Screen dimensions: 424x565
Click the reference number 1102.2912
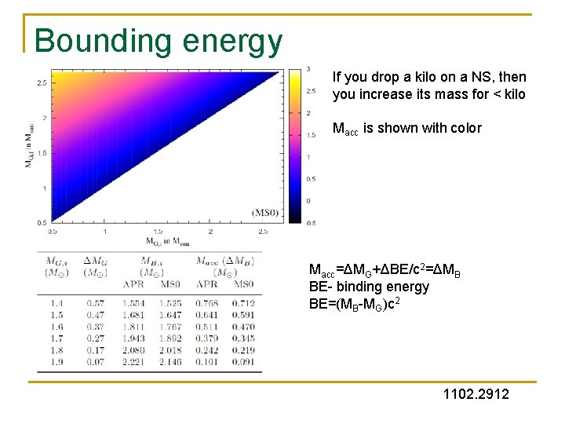[476, 393]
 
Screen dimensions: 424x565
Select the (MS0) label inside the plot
[263, 212]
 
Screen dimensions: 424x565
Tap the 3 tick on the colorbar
[308, 70]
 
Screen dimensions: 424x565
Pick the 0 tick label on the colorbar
[308, 201]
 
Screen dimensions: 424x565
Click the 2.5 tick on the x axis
[263, 232]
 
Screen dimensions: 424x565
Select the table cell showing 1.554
[134, 303]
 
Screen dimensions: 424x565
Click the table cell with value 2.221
[134, 362]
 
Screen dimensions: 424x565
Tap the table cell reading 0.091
[243, 362]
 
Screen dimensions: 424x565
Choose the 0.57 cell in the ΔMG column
[95, 303]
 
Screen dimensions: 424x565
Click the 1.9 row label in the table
[57, 362]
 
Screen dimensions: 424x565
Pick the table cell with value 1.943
[134, 338]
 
